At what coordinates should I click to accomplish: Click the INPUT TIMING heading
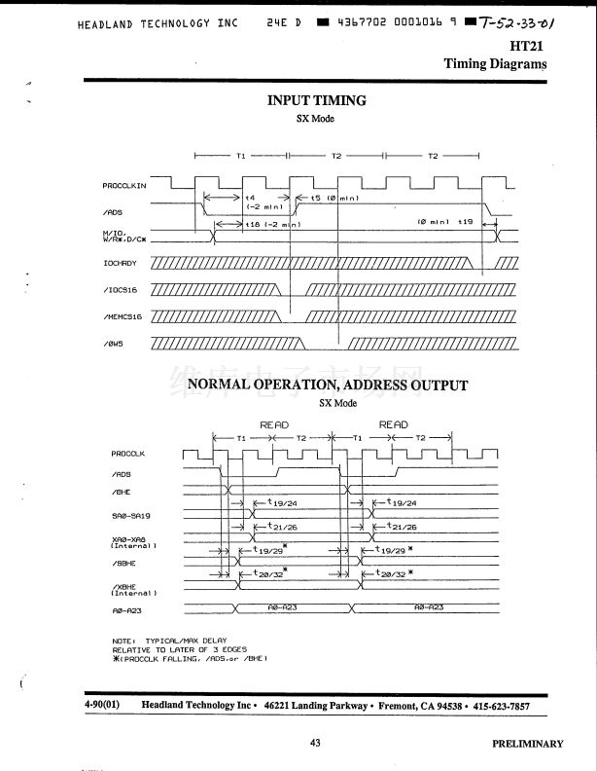coord(316,100)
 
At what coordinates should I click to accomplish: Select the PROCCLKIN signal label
coord(124,185)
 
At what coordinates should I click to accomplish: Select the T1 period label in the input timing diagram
coord(240,155)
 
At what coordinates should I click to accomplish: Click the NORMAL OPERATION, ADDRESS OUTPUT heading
coord(327,385)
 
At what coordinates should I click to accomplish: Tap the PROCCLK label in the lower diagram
coord(127,454)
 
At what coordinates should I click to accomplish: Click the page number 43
coord(315,743)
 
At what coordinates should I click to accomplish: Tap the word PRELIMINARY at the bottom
coord(527,744)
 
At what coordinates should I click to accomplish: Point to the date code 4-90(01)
coord(102,705)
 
